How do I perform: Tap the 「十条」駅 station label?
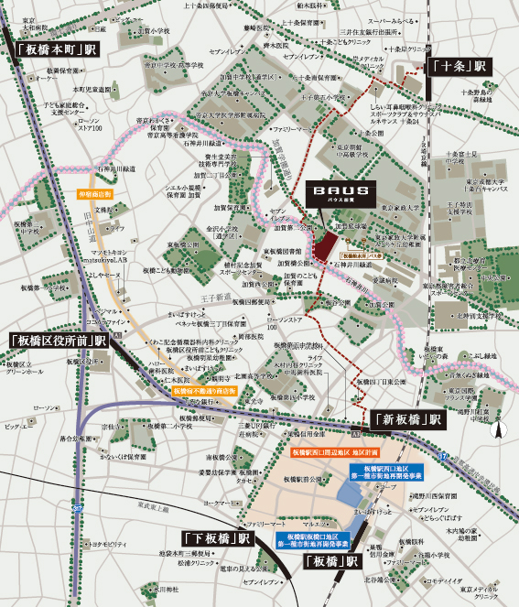459,67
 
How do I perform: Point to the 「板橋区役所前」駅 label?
59,340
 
